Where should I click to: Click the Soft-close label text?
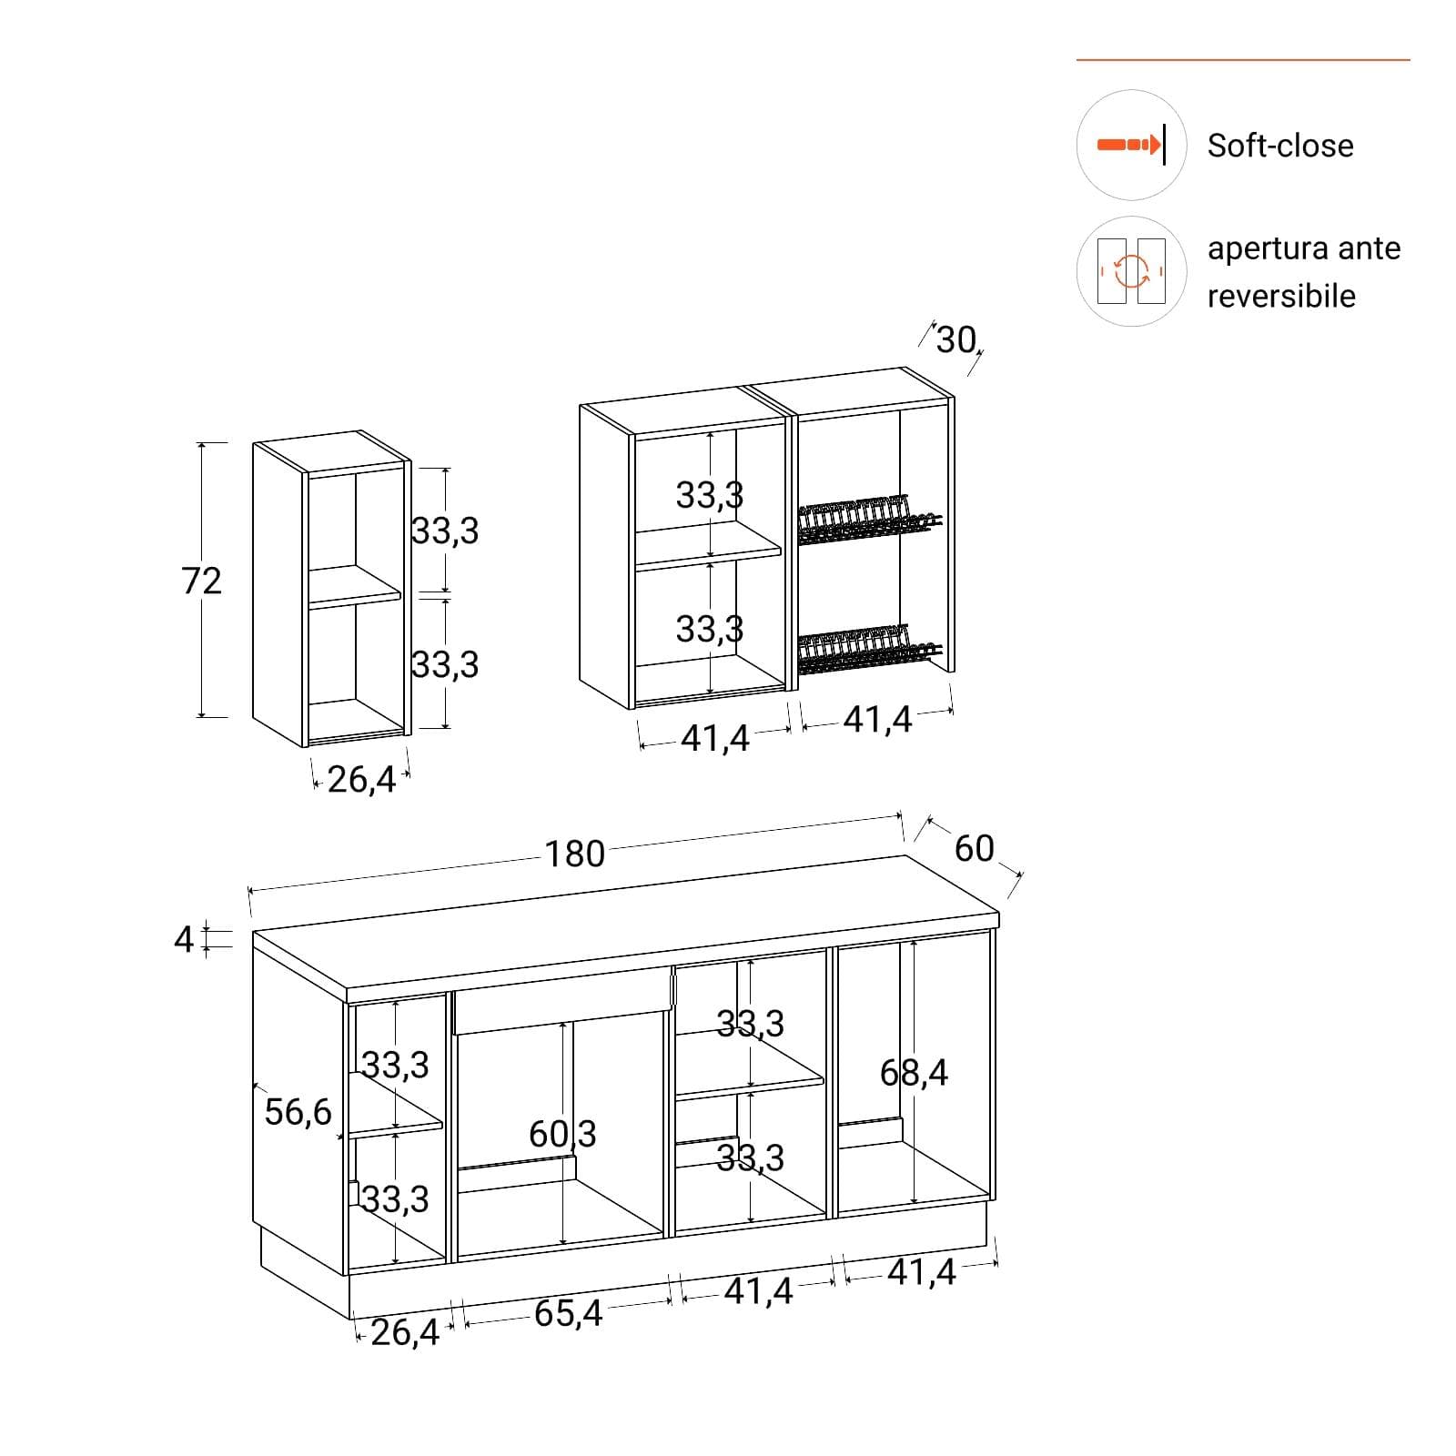coord(1279,146)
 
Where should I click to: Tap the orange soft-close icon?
coord(1131,145)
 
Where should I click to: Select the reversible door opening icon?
coord(1131,271)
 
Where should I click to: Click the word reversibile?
coord(1281,296)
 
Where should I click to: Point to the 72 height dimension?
coord(201,581)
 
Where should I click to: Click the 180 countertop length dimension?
coord(574,854)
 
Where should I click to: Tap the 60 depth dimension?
coord(974,849)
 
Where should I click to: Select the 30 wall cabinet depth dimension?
coord(956,340)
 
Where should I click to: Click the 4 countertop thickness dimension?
coord(184,938)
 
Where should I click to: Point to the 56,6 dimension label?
coord(298,1112)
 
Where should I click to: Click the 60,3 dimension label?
coord(562,1134)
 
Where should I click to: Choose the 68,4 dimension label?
coord(914,1073)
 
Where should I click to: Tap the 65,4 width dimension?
coord(568,1313)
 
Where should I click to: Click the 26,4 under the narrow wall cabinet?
coord(361,780)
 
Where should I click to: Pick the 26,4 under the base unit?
coord(405,1332)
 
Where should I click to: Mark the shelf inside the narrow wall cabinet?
coord(354,586)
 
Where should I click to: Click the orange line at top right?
coord(1243,60)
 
